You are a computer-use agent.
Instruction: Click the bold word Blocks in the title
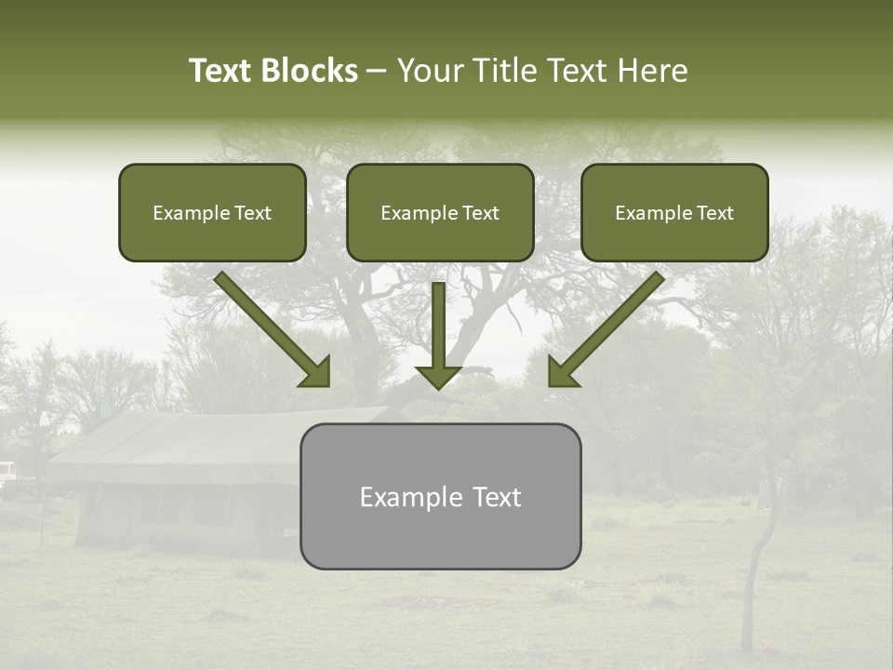point(310,71)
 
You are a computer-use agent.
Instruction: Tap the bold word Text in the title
point(221,71)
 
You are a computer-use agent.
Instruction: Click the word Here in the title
point(654,71)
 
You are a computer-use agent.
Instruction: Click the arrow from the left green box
point(273,329)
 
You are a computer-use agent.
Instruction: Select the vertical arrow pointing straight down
point(438,335)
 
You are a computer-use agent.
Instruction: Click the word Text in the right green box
point(714,213)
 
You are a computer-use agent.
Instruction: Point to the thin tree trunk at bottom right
point(750,596)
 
